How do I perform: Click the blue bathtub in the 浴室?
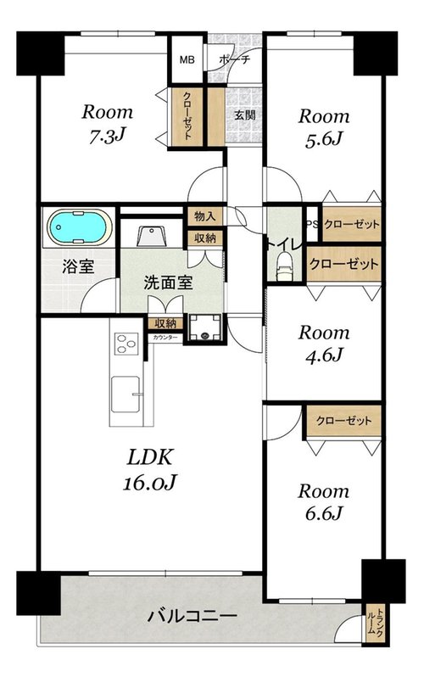click(x=79, y=227)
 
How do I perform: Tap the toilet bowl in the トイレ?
click(x=284, y=265)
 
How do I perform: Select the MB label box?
click(x=187, y=59)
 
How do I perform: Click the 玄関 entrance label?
click(x=245, y=115)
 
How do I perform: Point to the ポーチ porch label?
click(x=234, y=59)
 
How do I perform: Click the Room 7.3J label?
click(x=108, y=124)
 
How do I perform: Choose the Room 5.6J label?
click(x=324, y=128)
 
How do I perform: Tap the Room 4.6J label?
click(x=324, y=344)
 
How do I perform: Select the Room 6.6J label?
click(x=323, y=502)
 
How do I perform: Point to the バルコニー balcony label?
click(x=192, y=616)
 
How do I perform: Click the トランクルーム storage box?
click(x=374, y=623)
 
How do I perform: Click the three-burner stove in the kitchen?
click(x=126, y=344)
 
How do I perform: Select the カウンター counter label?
click(x=165, y=338)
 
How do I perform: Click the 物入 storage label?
click(x=205, y=216)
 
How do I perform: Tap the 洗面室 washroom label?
click(x=168, y=283)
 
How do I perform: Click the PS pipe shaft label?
click(x=312, y=224)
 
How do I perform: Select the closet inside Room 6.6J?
click(x=343, y=421)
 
